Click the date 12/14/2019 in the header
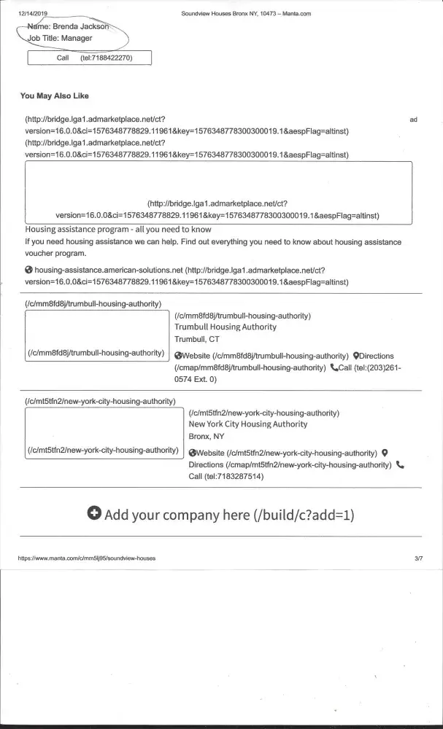[x=32, y=14]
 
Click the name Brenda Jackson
[x=82, y=26]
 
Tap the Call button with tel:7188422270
[x=89, y=58]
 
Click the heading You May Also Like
[x=55, y=95]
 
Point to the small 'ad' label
[x=414, y=119]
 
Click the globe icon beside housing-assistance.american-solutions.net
[x=28, y=270]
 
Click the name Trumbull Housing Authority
[x=226, y=327]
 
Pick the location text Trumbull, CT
[x=196, y=339]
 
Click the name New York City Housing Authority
[x=248, y=424]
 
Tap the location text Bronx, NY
[x=207, y=436]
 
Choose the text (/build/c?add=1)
[x=304, y=515]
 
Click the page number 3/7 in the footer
[x=418, y=558]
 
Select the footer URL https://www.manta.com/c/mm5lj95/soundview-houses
[x=86, y=558]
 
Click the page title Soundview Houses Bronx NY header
[x=246, y=14]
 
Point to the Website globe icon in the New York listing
[x=193, y=453]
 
